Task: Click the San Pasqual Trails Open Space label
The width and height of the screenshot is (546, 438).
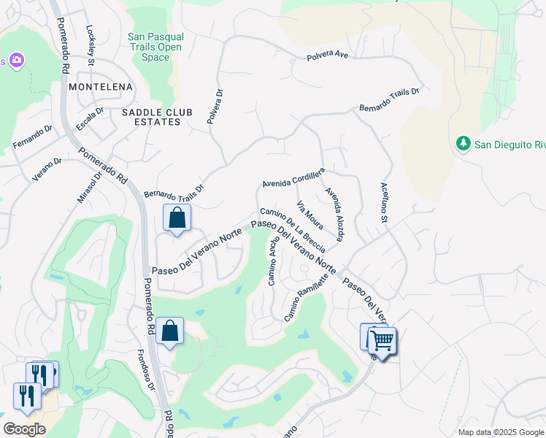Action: (155, 47)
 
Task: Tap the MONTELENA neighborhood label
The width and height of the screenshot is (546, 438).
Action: (101, 87)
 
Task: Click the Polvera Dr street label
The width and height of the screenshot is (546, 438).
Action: (215, 107)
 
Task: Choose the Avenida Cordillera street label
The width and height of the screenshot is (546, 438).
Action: (293, 177)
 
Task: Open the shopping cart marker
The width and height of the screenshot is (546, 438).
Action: (381, 339)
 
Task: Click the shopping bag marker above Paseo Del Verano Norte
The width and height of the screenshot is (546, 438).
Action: (177, 218)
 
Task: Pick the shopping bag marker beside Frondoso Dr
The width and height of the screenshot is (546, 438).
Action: (169, 331)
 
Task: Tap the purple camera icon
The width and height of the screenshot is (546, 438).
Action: (14, 60)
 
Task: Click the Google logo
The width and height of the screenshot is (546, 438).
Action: (24, 429)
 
